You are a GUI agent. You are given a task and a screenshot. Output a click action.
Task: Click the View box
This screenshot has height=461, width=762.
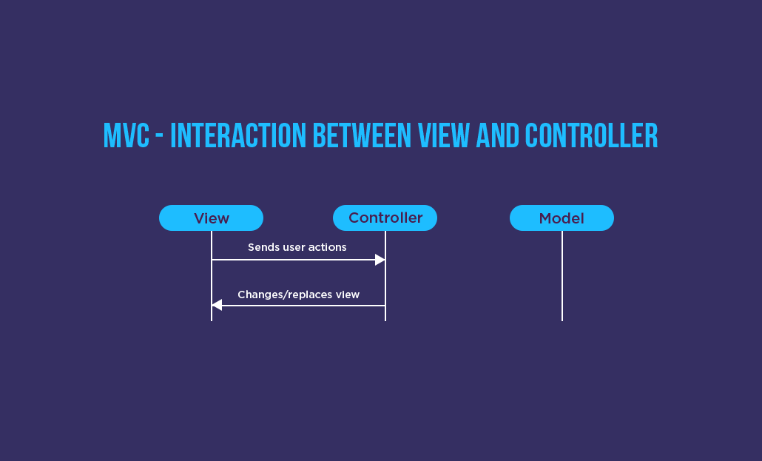(211, 218)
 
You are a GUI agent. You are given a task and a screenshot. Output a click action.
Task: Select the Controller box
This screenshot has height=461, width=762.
(385, 218)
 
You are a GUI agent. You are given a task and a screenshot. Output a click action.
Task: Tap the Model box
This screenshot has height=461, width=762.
(562, 218)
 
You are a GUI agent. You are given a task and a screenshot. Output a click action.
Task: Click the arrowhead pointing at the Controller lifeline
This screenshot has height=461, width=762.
(380, 260)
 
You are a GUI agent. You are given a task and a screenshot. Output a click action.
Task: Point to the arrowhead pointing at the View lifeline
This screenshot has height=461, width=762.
(217, 305)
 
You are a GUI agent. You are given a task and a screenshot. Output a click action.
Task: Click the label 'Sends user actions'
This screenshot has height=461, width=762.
(297, 247)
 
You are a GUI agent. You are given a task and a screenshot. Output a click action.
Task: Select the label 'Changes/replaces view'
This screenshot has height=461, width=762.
(298, 295)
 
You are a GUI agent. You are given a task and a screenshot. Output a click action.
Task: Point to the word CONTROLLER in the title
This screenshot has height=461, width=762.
(591, 136)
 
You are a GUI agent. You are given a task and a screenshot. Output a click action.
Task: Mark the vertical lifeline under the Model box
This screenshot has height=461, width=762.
(562, 281)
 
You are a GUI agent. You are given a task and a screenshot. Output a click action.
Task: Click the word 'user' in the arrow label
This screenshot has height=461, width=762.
(293, 247)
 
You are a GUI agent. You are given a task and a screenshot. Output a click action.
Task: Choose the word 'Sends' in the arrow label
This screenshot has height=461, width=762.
(263, 247)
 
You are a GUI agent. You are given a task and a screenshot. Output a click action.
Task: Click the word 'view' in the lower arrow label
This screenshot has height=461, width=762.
(347, 295)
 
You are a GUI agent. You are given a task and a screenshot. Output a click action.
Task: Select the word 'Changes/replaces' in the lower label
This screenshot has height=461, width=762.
(285, 295)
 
